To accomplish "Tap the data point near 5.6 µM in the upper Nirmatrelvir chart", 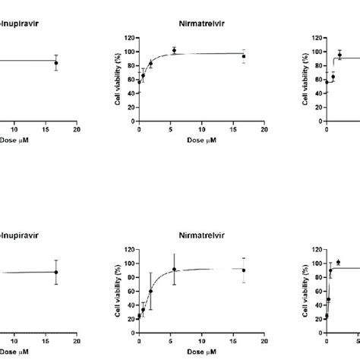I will coord(174,50).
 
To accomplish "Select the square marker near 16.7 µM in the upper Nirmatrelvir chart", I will coord(244,56).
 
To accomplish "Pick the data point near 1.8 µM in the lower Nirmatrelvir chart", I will coord(150,291).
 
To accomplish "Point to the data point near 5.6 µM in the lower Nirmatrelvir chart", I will coord(174,269).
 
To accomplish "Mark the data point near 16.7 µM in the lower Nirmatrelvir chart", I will coord(244,270).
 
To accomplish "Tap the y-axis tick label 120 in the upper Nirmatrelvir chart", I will coord(130,37).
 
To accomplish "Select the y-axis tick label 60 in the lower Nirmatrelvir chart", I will coord(131,291).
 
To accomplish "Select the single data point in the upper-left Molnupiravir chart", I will coord(55,64).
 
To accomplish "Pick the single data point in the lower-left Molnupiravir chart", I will coord(55,272).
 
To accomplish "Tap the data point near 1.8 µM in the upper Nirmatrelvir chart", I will coord(150,64).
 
